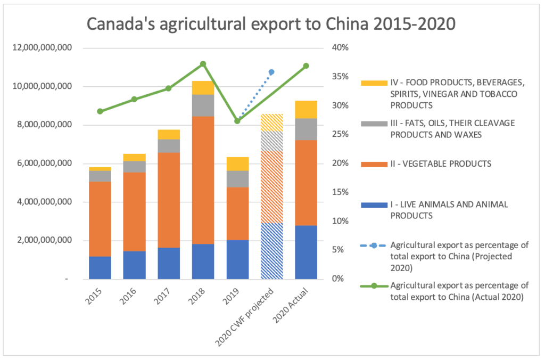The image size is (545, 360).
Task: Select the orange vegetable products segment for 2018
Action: pos(203,180)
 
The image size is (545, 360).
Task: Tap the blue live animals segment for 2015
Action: pos(100,267)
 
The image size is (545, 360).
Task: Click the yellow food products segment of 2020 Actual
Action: pos(306,109)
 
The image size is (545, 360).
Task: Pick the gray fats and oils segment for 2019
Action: pos(237,179)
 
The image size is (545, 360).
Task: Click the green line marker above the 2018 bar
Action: pos(203,64)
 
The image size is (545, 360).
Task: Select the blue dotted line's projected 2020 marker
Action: pos(271,72)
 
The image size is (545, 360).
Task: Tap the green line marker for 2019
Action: pos(237,121)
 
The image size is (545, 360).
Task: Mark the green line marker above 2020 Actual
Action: pos(306,66)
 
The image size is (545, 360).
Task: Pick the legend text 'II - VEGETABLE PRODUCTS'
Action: pos(441,163)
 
